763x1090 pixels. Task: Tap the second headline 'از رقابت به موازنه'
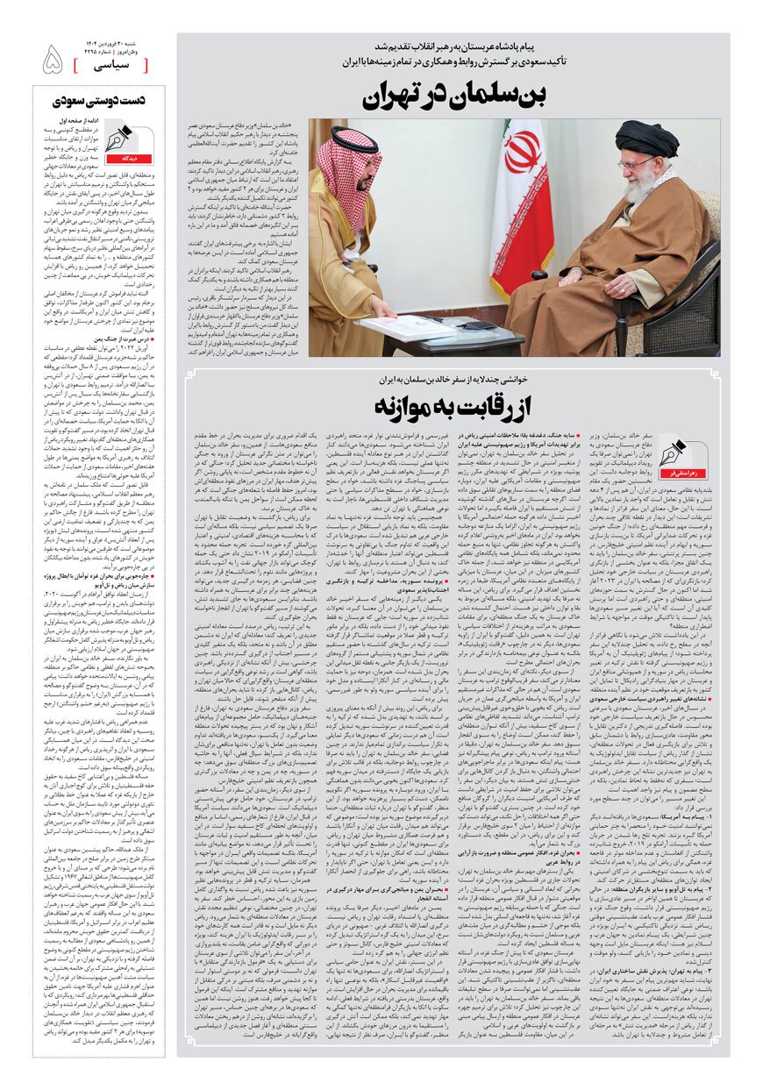click(x=449, y=407)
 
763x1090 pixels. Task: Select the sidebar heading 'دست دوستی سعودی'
click(x=98, y=102)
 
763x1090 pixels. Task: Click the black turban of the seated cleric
click(x=646, y=138)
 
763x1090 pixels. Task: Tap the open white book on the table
click(x=408, y=327)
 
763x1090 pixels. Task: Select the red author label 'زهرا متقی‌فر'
click(x=682, y=473)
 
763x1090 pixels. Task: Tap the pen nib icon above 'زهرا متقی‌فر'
click(x=682, y=453)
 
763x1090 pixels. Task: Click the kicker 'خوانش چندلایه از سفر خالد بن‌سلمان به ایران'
click(x=448, y=380)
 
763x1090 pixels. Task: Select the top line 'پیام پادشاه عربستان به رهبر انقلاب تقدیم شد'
click(x=448, y=46)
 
